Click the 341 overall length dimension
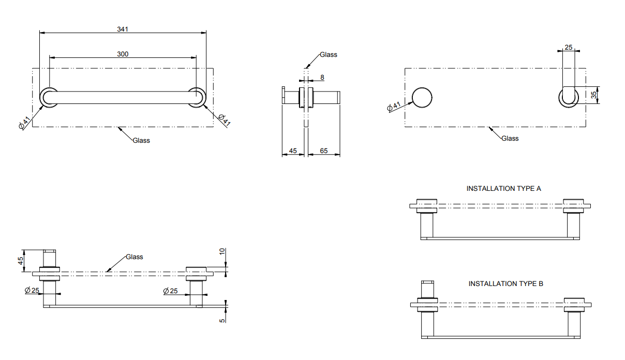[x=123, y=29]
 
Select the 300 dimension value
[x=123, y=54]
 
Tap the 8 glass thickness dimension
[x=322, y=77]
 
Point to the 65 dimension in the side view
[x=324, y=151]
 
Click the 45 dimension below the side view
[x=293, y=151]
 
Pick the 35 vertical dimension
[x=594, y=95]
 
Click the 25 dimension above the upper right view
[x=569, y=48]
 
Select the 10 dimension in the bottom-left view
[x=222, y=251]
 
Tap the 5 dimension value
[x=222, y=320]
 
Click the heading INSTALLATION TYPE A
[x=503, y=188]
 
